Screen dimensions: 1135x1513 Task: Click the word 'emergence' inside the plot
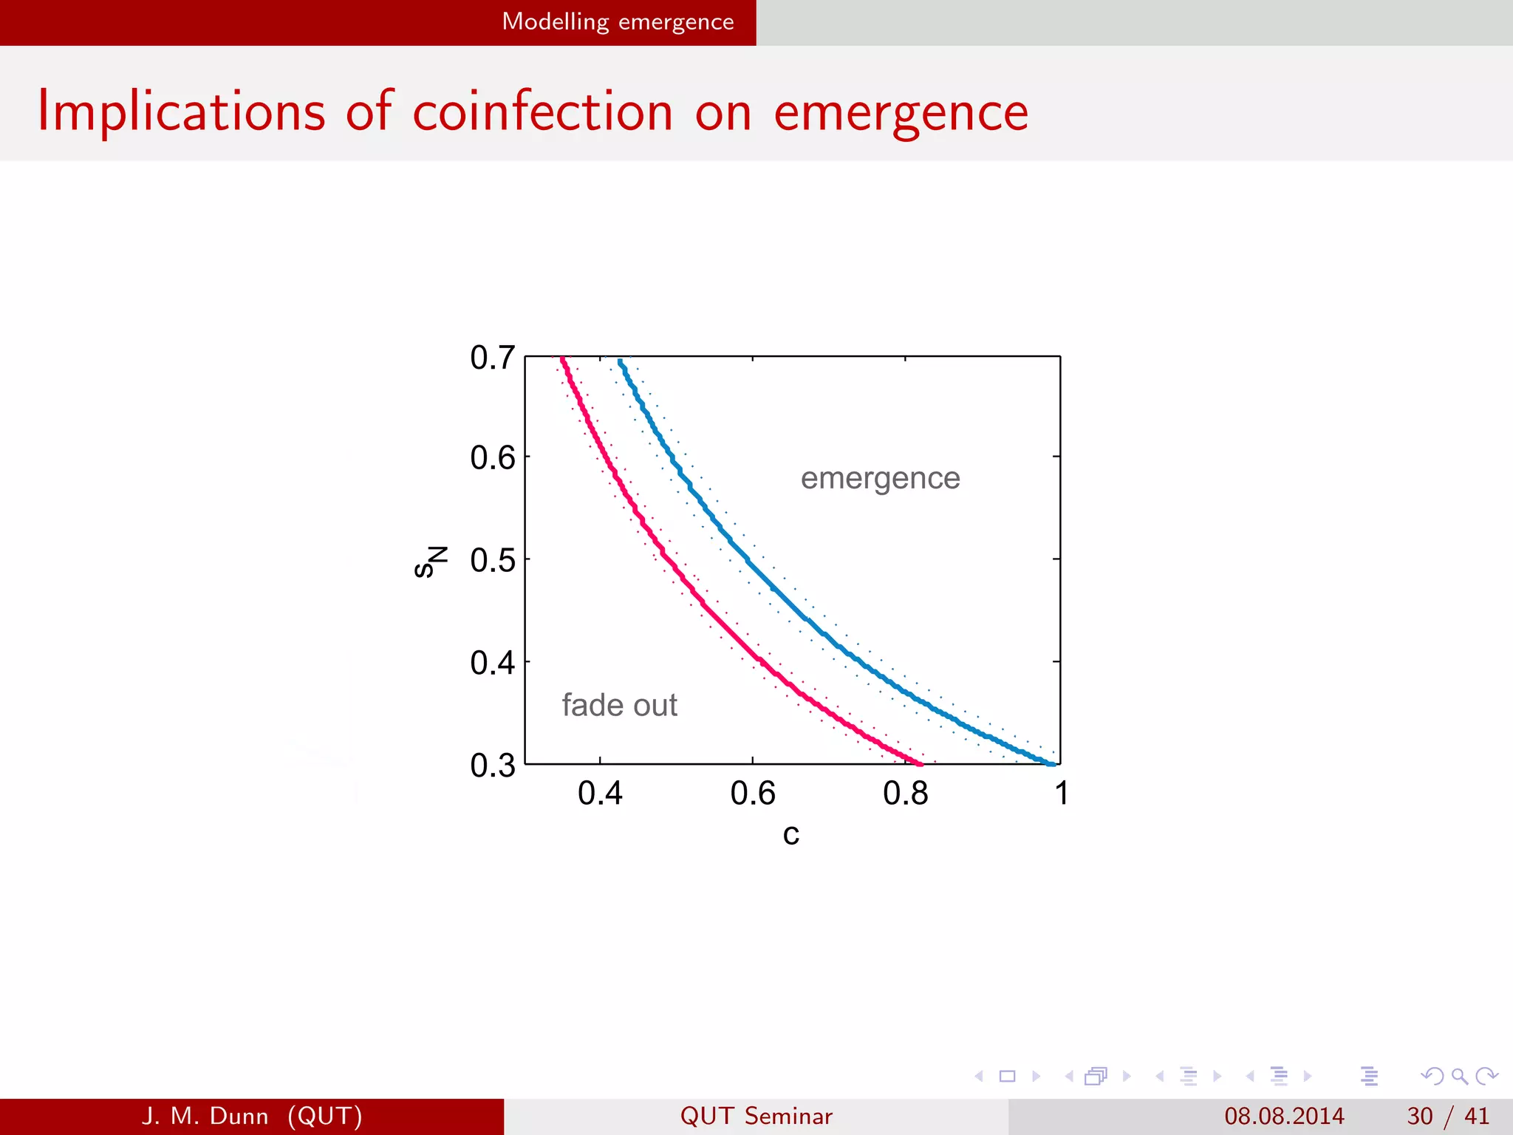(x=880, y=479)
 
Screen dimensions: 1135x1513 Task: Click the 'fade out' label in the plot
(x=619, y=705)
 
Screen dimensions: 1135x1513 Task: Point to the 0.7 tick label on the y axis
(x=492, y=358)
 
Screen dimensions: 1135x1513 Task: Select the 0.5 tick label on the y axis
(x=492, y=560)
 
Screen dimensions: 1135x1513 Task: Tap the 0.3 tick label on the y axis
(x=492, y=765)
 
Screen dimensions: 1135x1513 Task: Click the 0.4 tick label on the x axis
(x=600, y=794)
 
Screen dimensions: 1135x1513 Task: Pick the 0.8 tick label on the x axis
(x=905, y=794)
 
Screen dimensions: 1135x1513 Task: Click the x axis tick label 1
(x=1061, y=794)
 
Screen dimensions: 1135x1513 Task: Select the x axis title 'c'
(x=790, y=835)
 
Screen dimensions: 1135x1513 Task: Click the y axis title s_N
(x=430, y=562)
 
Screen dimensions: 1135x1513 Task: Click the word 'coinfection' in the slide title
(x=542, y=112)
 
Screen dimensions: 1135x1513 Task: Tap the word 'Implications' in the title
(x=182, y=112)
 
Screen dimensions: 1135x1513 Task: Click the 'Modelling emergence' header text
(x=618, y=21)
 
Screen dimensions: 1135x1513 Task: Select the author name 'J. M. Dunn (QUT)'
(x=252, y=1116)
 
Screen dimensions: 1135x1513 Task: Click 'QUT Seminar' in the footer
(x=756, y=1116)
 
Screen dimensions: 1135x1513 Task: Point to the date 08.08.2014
(x=1284, y=1116)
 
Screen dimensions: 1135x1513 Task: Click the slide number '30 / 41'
(x=1447, y=1116)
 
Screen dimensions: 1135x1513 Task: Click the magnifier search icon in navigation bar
(x=1459, y=1076)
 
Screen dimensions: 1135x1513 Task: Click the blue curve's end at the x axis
(x=1052, y=763)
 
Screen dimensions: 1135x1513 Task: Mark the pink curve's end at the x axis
(x=919, y=763)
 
